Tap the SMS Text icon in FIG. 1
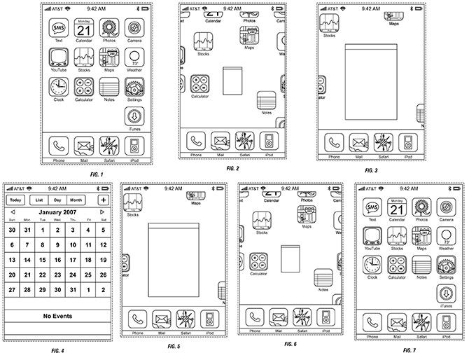(59, 29)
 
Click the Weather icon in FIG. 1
(134, 58)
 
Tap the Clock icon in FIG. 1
(59, 88)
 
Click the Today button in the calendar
(15, 200)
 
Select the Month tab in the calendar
(76, 200)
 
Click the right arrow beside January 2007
(102, 212)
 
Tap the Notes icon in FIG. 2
(266, 100)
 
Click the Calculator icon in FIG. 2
(199, 84)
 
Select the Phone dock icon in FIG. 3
(334, 142)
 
